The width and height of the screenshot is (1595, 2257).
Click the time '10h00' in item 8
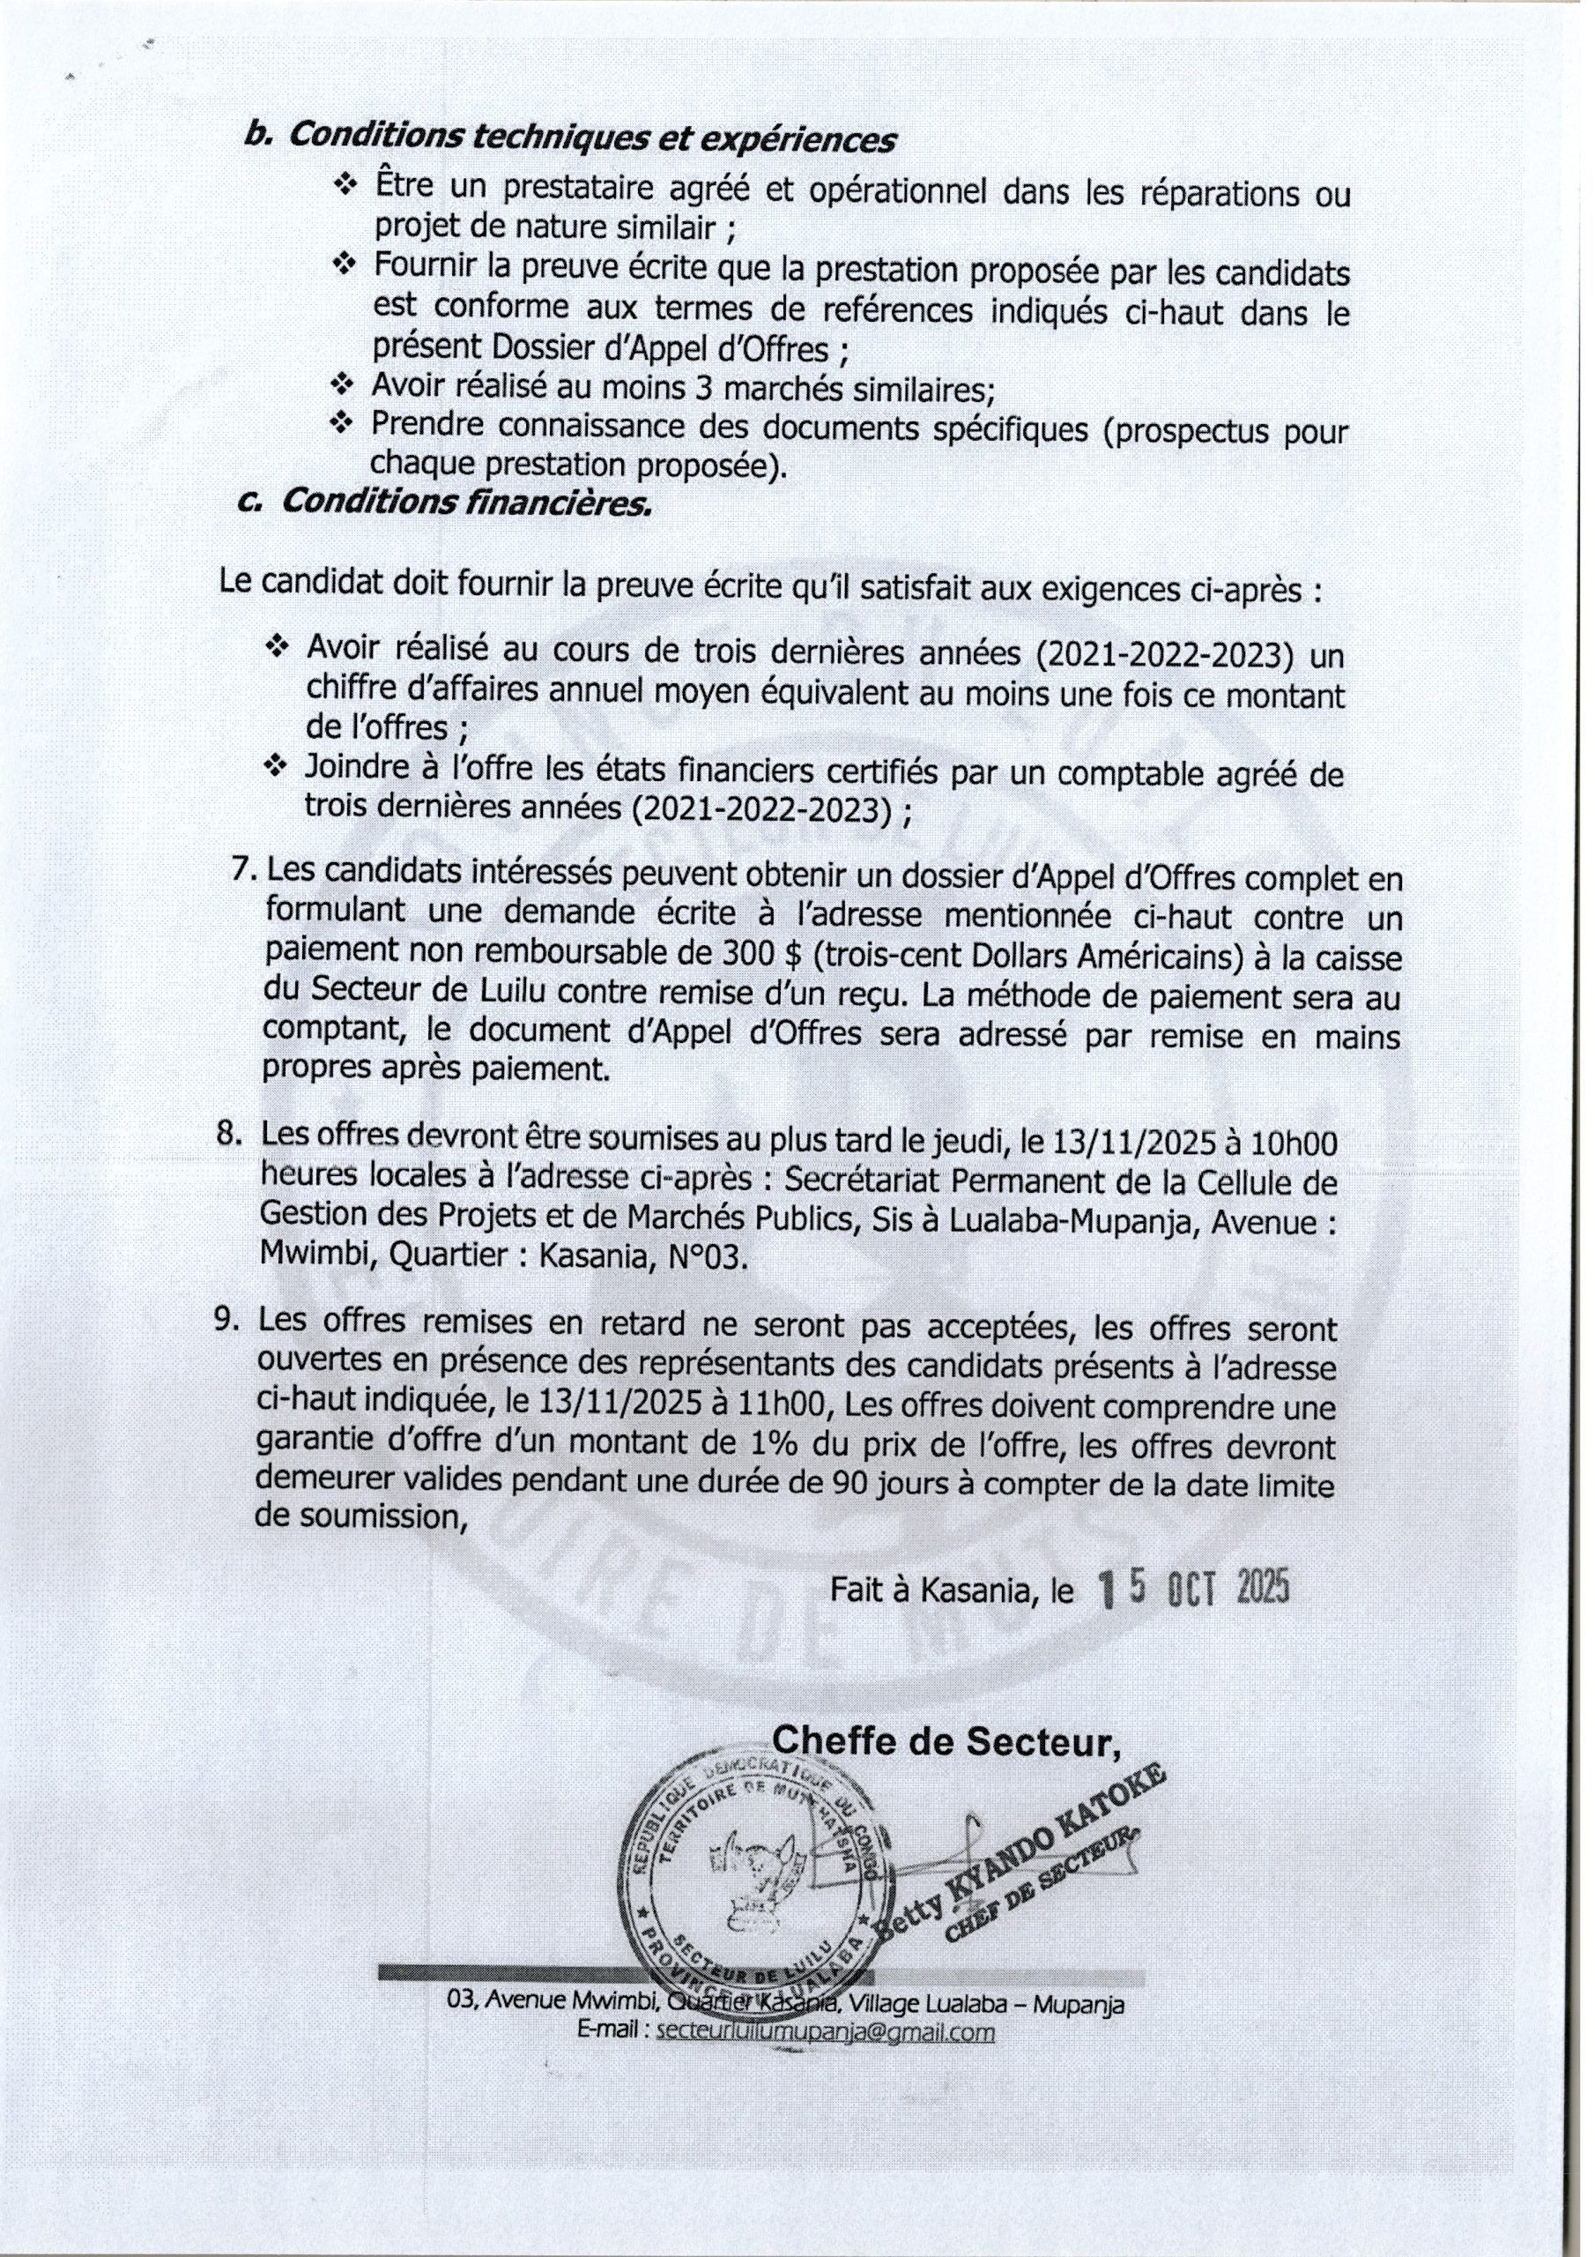pos(1294,1144)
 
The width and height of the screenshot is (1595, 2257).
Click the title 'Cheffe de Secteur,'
pos(946,1742)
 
